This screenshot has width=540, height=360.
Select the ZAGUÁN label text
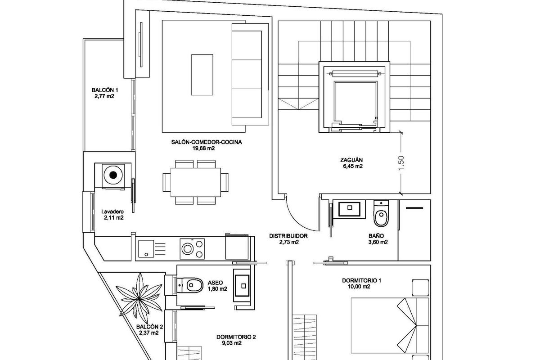[352, 159]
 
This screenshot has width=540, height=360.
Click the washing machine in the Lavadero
[113, 175]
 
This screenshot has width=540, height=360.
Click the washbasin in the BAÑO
[349, 209]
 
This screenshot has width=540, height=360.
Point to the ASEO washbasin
[243, 285]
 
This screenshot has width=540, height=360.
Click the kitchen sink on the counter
[145, 248]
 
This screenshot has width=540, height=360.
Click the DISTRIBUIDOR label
[288, 236]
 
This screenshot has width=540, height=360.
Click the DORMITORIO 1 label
[361, 280]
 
